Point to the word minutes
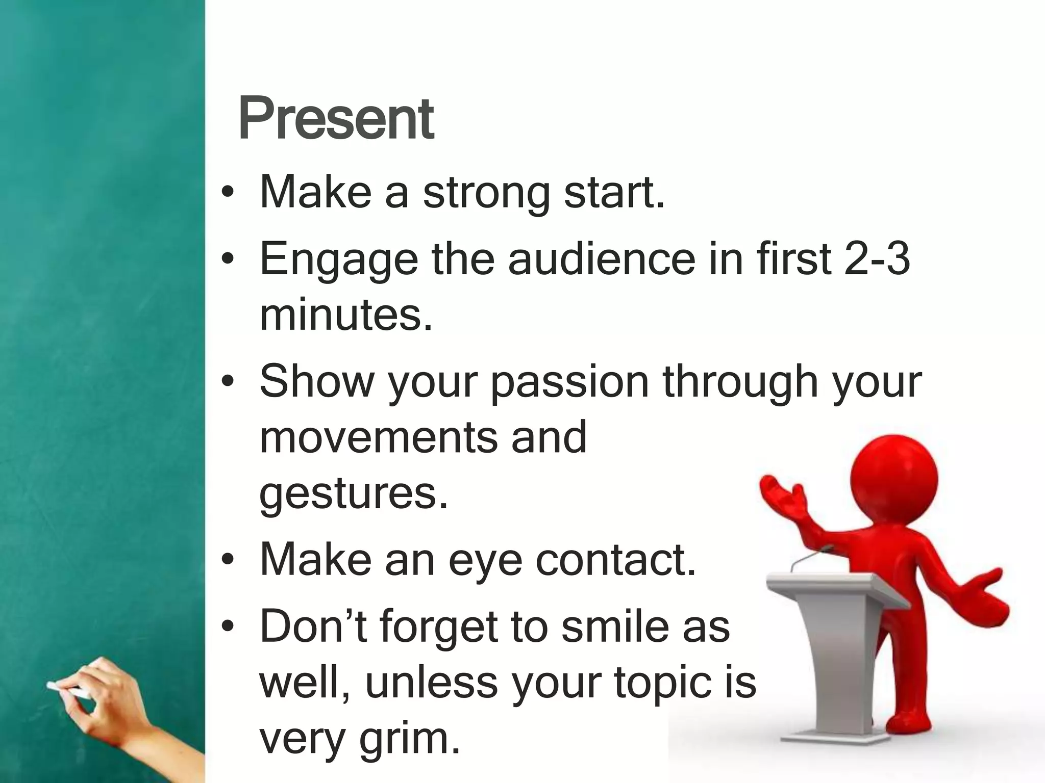click(345, 315)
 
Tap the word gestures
click(353, 494)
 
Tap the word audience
click(602, 260)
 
